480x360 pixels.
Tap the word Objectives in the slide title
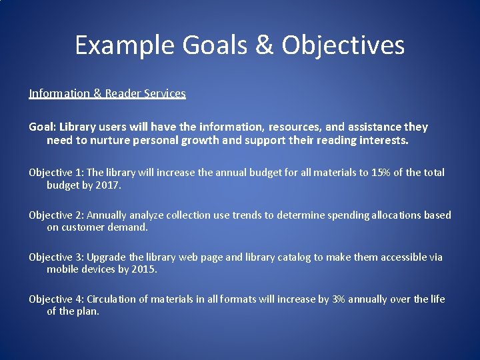tap(343, 45)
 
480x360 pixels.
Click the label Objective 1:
tap(56, 173)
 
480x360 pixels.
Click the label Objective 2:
tap(56, 215)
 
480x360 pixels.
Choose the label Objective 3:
tap(56, 257)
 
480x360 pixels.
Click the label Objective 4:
tap(56, 299)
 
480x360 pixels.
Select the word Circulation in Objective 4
tap(113, 299)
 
